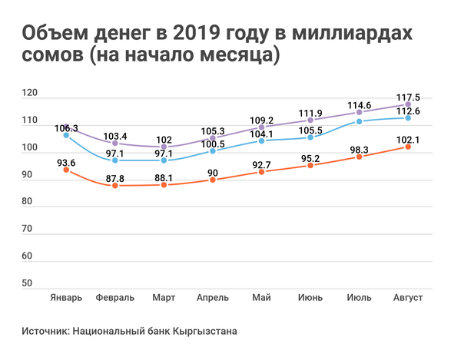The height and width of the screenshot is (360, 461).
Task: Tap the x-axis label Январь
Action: [66, 297]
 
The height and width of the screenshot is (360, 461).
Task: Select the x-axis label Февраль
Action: [115, 297]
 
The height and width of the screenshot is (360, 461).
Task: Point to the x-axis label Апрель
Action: [213, 297]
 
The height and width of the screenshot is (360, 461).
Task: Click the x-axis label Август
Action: [408, 297]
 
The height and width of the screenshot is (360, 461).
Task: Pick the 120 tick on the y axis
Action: [30, 94]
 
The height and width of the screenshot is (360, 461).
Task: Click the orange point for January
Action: [66, 170]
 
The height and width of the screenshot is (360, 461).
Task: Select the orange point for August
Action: [408, 147]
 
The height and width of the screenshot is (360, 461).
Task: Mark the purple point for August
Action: [408, 105]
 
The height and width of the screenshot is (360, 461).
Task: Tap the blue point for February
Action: [115, 160]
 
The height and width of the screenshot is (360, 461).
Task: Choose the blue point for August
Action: [408, 118]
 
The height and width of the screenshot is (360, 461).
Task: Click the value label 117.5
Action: [408, 97]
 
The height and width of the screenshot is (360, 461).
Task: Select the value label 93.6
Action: [66, 162]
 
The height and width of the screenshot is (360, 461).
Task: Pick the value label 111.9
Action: [310, 112]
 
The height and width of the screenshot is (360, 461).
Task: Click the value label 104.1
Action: [261, 133]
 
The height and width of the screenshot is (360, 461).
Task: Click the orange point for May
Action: [261, 172]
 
